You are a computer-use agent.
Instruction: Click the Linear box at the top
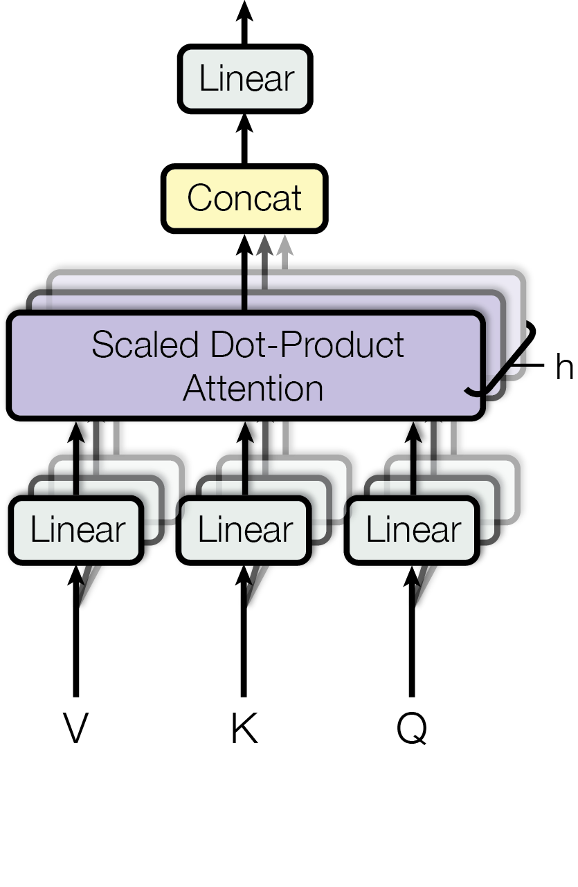(246, 79)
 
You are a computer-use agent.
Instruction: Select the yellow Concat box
(244, 198)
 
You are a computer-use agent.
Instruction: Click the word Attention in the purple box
(253, 388)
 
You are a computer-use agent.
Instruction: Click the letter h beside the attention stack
(563, 368)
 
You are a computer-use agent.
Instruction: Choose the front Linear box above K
(245, 530)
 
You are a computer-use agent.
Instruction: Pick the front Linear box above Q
(413, 530)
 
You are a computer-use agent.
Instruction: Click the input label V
(75, 729)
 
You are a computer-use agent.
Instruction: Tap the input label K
(244, 729)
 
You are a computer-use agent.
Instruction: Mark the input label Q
(412, 729)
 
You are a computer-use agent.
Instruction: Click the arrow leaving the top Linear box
(244, 21)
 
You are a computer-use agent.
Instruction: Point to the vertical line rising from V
(75, 650)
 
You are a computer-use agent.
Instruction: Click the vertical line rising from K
(244, 650)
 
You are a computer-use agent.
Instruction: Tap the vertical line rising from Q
(412, 650)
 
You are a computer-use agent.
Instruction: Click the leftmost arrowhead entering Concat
(244, 246)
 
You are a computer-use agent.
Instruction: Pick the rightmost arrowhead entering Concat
(284, 246)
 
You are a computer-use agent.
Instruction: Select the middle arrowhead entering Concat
(264, 246)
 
